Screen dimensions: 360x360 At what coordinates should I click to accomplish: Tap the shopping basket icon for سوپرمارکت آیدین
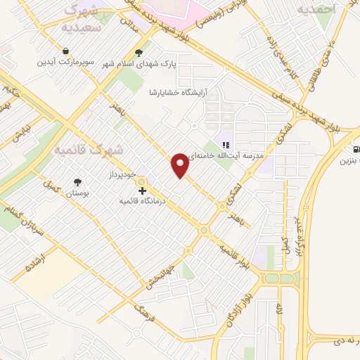[65, 51]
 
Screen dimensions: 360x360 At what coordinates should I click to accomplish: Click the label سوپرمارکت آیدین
[65, 62]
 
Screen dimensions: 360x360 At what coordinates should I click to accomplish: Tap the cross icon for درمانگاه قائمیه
[142, 191]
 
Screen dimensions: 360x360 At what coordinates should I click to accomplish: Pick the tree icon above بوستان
[77, 182]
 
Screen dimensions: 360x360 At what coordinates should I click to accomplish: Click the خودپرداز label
[124, 173]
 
